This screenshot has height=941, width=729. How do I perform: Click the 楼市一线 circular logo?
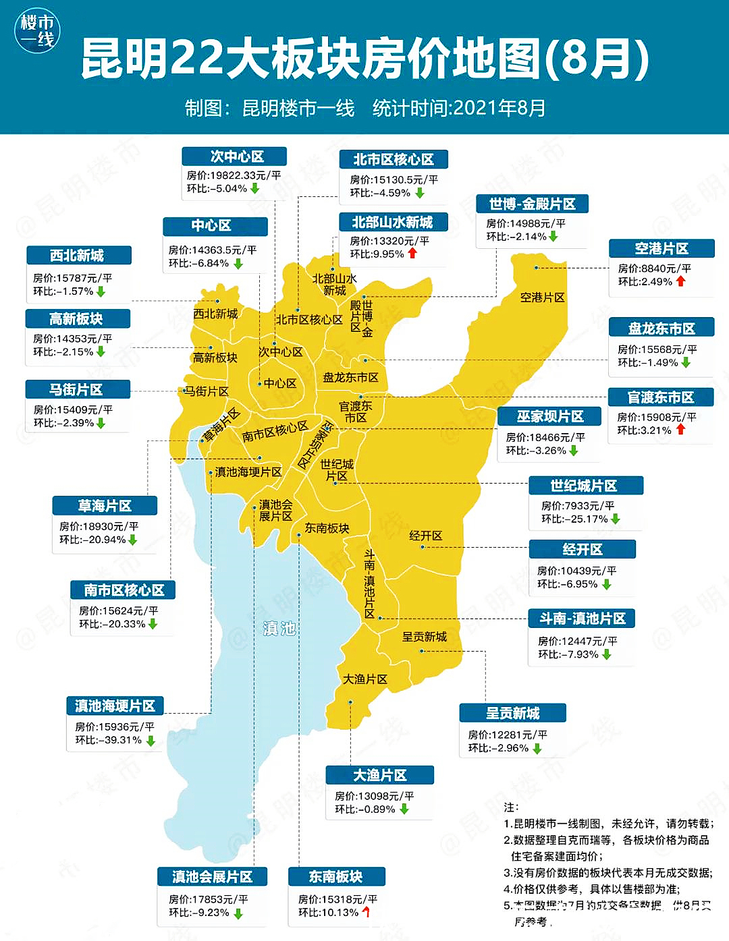coord(38,31)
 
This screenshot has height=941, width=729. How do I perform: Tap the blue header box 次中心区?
coord(234,156)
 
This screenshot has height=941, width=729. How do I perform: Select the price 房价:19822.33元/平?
coord(234,175)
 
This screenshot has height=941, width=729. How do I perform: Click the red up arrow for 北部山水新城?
coord(412,254)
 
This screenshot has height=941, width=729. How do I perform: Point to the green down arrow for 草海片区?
coord(133,540)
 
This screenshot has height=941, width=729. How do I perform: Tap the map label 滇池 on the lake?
coord(279,629)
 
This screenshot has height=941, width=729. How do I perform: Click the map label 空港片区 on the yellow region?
coord(542,297)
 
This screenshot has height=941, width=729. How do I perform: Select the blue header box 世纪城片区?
coord(585,486)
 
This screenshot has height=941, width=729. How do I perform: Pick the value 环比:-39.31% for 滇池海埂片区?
coord(108,740)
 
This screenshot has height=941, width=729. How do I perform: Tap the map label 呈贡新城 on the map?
coord(424,637)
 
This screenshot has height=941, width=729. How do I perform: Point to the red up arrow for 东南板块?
coord(367,913)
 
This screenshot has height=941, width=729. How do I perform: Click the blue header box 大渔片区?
coord(379,775)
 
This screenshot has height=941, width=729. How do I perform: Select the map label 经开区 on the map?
coord(425,536)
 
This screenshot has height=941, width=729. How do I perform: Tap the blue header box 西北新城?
coord(78,256)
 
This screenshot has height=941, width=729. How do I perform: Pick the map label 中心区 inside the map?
coord(280,383)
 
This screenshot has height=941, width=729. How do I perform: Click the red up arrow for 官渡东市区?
coord(680,430)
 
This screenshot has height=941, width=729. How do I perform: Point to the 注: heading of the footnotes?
coord(511,807)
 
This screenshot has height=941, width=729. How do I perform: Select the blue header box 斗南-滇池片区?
coord(583,619)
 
